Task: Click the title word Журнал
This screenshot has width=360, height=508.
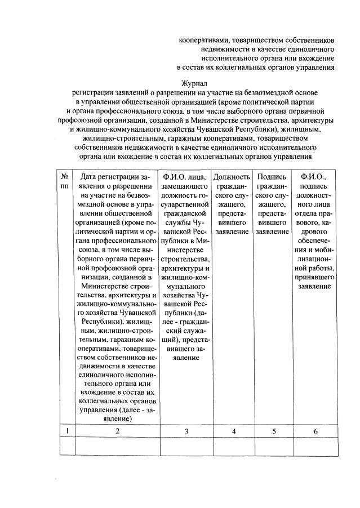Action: [194, 82]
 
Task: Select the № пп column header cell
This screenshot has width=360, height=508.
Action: [67, 181]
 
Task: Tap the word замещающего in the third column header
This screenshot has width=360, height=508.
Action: [186, 186]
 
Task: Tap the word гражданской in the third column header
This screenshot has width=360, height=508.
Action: [186, 213]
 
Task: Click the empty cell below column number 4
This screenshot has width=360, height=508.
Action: [232, 446]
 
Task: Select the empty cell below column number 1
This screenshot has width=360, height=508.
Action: [67, 446]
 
